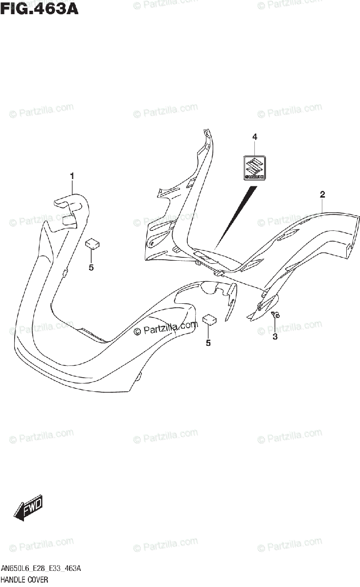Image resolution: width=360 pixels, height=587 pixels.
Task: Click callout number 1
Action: click(x=72, y=175)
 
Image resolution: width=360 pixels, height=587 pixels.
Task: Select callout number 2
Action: click(x=322, y=195)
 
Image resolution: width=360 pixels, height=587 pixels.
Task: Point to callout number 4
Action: click(x=254, y=137)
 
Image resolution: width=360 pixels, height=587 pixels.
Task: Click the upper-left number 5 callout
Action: click(x=91, y=267)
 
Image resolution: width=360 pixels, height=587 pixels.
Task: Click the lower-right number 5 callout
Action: click(x=208, y=343)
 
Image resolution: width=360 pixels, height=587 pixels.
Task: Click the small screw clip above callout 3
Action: click(x=275, y=315)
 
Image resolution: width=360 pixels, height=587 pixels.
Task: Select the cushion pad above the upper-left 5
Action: click(x=92, y=244)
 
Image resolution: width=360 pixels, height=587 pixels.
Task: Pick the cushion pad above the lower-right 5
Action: click(x=210, y=319)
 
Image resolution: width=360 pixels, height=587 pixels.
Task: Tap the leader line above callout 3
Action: click(x=275, y=325)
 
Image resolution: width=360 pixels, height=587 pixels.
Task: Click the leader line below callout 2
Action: click(x=322, y=205)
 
